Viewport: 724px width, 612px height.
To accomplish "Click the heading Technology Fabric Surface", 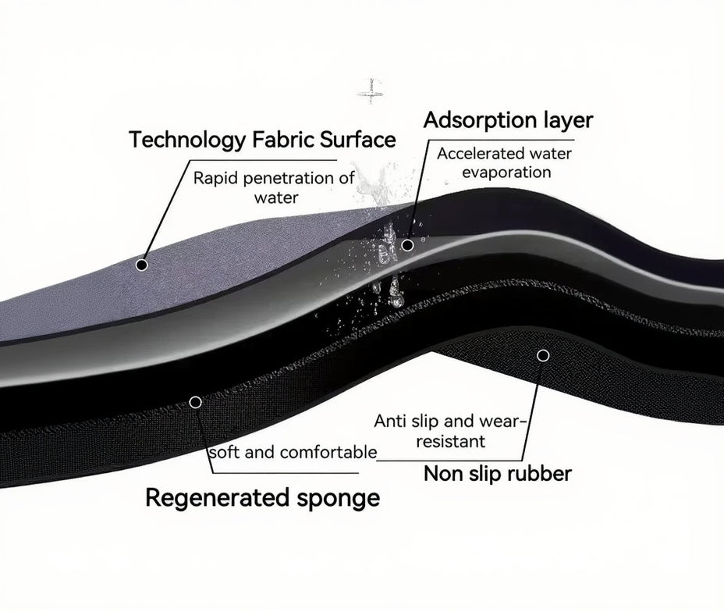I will pyautogui.click(x=262, y=140).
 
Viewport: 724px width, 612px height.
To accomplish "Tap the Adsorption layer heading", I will pyautogui.click(x=508, y=120).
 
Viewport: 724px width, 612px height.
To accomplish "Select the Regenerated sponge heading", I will pyautogui.click(x=263, y=497).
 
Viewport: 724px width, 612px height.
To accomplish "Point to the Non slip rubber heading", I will pyautogui.click(x=497, y=473).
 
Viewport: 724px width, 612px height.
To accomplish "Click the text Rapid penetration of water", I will pyautogui.click(x=275, y=187).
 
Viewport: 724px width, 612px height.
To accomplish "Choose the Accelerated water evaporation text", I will pyautogui.click(x=504, y=162).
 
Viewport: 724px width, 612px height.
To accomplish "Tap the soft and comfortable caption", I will pyautogui.click(x=293, y=453).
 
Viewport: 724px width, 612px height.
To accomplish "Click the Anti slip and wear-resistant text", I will pyautogui.click(x=451, y=431).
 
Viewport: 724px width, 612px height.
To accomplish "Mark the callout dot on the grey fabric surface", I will pyautogui.click(x=142, y=265).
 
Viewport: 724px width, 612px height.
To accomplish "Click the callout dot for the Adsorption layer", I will pyautogui.click(x=407, y=245).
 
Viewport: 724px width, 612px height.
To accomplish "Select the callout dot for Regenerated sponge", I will pyautogui.click(x=195, y=402).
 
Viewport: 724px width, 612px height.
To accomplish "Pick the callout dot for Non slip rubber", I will pyautogui.click(x=543, y=355).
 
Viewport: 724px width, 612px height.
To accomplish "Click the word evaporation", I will pyautogui.click(x=506, y=172).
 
